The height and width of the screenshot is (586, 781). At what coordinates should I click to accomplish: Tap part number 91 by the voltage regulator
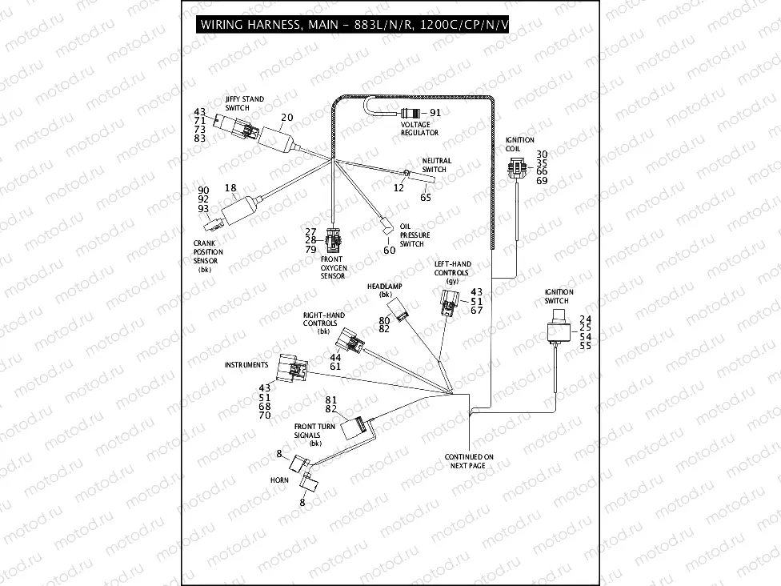[436, 113]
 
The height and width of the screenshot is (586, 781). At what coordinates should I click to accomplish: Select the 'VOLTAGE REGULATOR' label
[415, 128]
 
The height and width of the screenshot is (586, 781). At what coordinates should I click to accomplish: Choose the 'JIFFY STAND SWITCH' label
[244, 103]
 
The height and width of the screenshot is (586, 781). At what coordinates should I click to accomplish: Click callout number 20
[286, 118]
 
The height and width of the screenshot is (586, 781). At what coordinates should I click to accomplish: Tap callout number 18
[230, 188]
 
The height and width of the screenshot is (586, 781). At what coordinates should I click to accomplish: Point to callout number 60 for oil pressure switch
[389, 251]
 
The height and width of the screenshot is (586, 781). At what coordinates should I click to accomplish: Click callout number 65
[425, 197]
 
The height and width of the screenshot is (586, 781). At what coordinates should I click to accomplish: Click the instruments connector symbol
[291, 369]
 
